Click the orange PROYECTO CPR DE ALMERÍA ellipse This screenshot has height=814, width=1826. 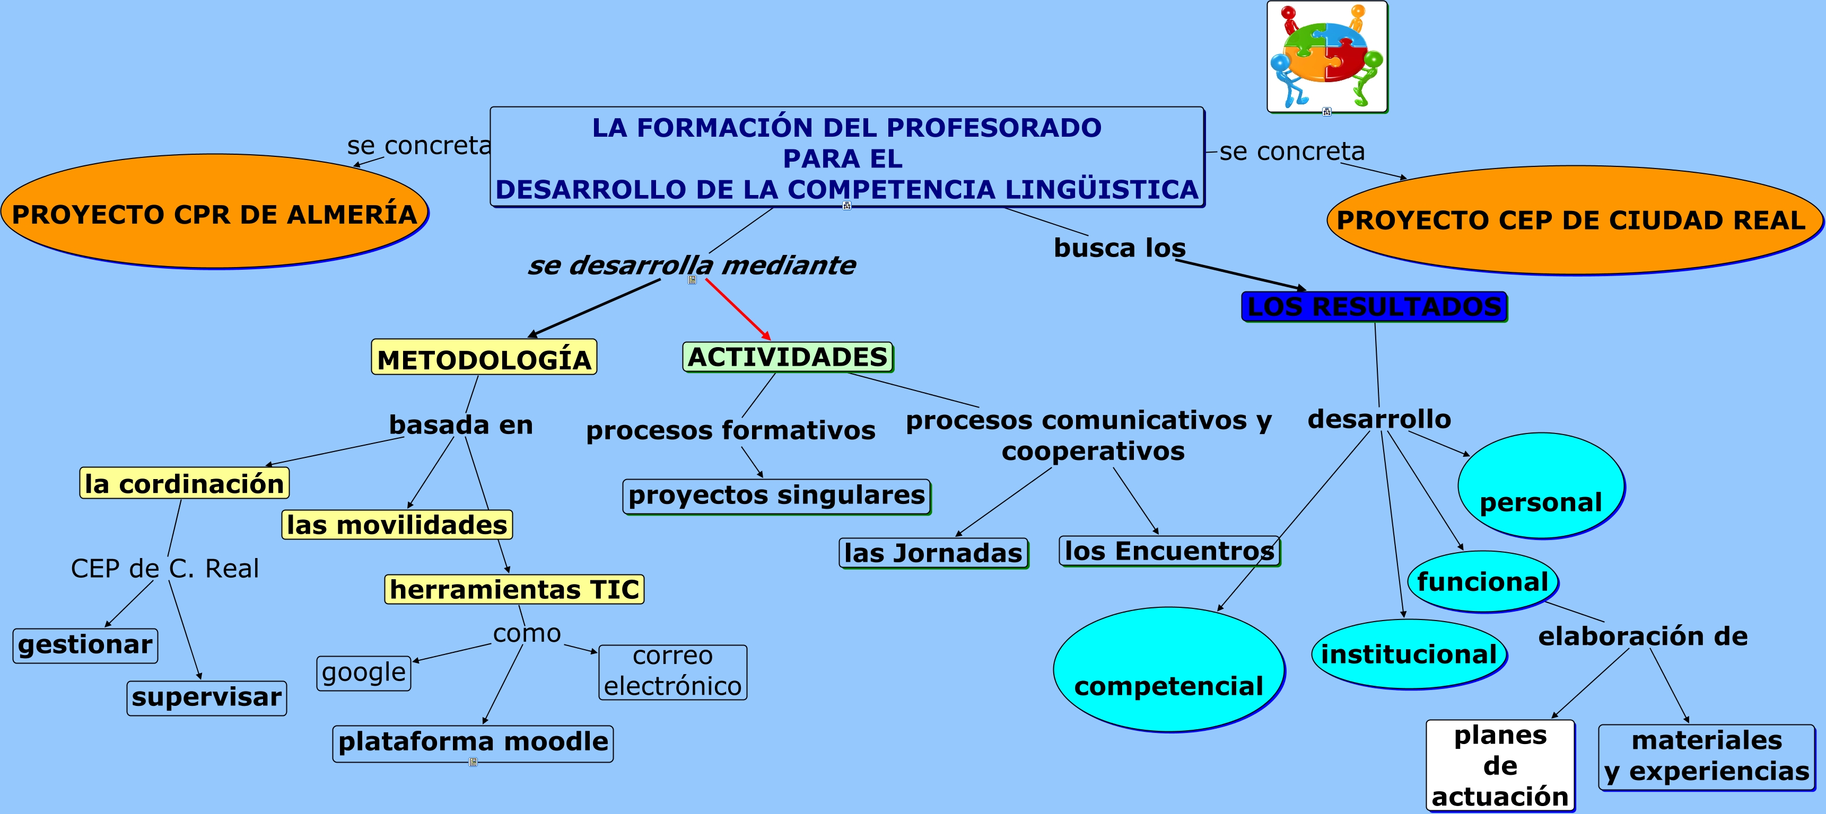215,211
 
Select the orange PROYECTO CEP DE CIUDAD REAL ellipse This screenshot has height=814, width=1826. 1575,220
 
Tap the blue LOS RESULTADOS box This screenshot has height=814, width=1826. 1375,307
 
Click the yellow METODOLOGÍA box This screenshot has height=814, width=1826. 484,357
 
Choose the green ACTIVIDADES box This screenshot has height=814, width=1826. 788,357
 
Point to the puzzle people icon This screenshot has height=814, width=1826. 1327,57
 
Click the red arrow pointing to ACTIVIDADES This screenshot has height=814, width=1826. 738,309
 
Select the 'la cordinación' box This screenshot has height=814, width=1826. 185,483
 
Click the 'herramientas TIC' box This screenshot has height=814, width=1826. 514,589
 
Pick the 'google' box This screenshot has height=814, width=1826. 364,673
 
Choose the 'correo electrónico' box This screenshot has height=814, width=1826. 672,673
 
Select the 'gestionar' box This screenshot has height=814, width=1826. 85,645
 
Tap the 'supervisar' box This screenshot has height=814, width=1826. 207,698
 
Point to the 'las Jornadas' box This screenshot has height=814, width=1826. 933,553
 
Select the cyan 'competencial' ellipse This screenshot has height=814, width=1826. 1169,669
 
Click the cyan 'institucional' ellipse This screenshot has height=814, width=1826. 1409,654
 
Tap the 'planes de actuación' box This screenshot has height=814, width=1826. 1501,766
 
